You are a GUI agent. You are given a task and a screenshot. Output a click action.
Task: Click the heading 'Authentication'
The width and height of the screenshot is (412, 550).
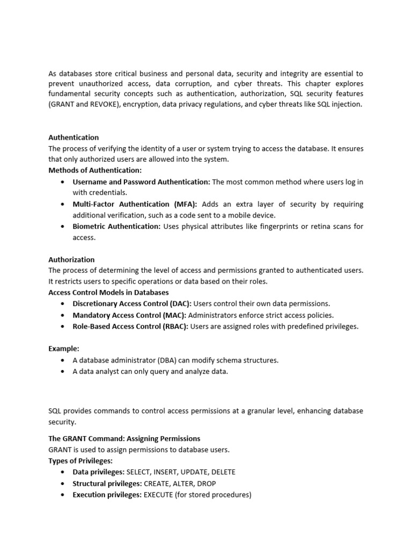click(73, 137)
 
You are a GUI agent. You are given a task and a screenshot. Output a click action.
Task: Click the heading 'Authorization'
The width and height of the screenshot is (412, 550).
click(71, 259)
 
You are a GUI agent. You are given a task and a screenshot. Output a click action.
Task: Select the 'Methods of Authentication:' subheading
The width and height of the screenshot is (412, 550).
click(95, 170)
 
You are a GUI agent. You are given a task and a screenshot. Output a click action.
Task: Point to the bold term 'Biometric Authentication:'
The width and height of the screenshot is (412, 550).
click(116, 226)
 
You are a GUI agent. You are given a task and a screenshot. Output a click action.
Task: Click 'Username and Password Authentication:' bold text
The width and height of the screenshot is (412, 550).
click(142, 182)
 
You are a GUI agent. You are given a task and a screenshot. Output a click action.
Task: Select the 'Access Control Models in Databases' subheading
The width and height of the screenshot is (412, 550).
click(108, 292)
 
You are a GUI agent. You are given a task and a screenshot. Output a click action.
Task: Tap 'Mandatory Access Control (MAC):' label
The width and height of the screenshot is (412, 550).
click(129, 315)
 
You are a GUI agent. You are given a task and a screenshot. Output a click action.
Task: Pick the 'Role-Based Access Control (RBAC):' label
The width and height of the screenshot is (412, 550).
click(130, 326)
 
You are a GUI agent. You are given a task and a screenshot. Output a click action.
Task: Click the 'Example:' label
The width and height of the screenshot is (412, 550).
click(64, 349)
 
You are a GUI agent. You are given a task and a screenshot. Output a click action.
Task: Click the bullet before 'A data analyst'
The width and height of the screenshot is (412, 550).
click(64, 371)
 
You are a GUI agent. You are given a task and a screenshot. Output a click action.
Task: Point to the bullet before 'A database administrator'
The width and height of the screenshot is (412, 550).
click(64, 360)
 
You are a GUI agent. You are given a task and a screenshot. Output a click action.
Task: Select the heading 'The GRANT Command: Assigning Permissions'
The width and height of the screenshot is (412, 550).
click(124, 438)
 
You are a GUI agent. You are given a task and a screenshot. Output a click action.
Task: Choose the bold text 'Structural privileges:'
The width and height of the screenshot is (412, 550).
click(107, 483)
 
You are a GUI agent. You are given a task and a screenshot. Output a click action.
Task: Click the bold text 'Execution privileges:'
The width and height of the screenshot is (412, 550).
click(107, 494)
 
